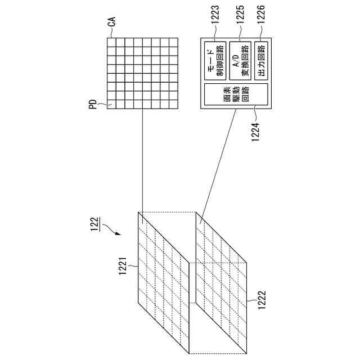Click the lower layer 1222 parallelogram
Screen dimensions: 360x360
click(222, 281)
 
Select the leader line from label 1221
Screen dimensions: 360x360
click(134, 266)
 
